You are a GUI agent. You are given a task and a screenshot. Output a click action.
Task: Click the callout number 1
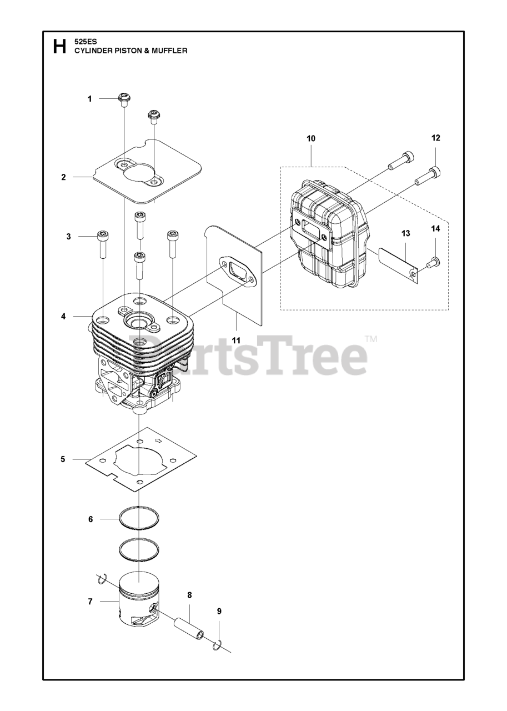point(89,99)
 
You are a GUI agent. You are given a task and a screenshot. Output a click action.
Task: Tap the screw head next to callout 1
point(125,99)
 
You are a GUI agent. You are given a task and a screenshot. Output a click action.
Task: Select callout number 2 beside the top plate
point(64,177)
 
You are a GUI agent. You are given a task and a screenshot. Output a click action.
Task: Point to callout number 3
point(69,236)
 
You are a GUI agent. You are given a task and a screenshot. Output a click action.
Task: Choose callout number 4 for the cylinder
point(64,316)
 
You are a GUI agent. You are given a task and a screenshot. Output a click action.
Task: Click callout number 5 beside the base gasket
point(63,459)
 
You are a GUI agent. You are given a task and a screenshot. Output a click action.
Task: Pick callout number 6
point(90,519)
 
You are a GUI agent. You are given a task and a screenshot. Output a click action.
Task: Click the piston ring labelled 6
point(139,519)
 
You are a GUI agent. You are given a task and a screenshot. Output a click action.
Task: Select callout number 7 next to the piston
point(89,602)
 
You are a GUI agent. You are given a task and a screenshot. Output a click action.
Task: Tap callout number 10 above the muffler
point(310,138)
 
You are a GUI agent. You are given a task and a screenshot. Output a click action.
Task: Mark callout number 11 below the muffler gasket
point(236,339)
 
